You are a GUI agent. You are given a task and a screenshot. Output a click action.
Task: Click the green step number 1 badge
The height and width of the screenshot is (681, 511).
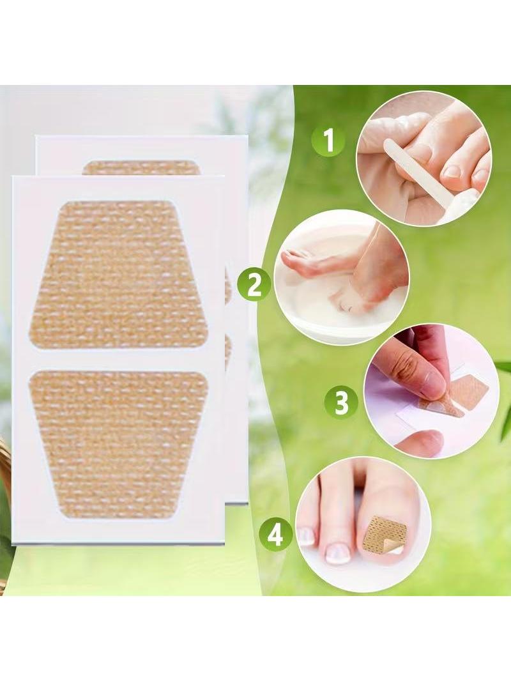coord(328,141)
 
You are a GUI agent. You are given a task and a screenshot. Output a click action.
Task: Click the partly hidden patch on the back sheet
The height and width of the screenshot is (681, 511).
coord(141,167)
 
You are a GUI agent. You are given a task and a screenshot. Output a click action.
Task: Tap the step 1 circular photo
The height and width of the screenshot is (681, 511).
coord(423,158)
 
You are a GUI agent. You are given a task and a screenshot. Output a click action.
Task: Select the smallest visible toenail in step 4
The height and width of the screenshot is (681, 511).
coord(307,537)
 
